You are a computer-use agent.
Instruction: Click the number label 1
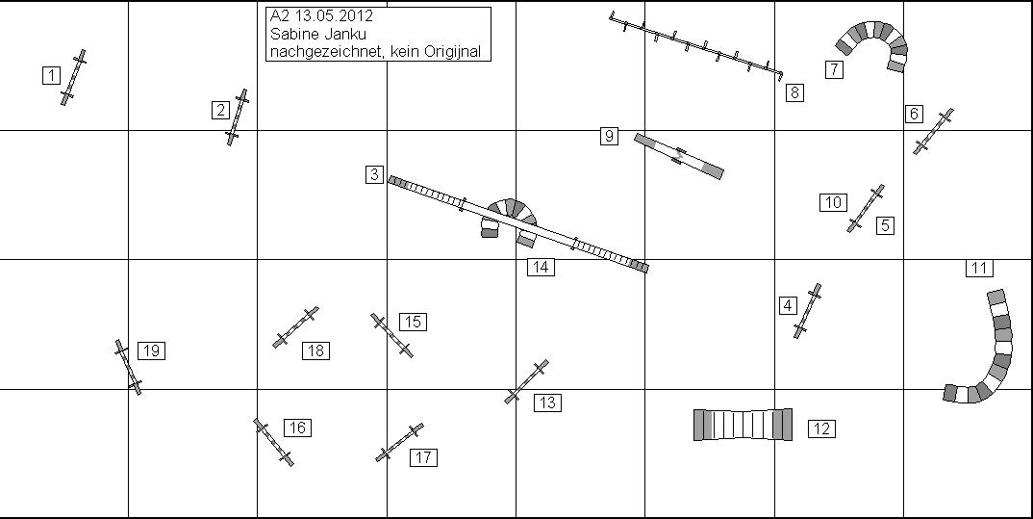tap(51, 75)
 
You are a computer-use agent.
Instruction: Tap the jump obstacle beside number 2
tap(238, 117)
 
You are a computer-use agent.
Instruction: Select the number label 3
tap(374, 174)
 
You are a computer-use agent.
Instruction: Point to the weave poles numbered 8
tap(695, 45)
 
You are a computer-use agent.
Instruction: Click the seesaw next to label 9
tap(678, 156)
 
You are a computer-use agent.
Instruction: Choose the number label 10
tap(833, 202)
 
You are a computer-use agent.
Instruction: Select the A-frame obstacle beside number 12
tap(743, 425)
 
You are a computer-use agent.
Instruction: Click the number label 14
tap(541, 267)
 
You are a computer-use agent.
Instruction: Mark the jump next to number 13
tap(526, 382)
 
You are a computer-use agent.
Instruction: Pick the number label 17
tap(423, 457)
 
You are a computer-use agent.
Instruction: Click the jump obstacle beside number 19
tap(129, 367)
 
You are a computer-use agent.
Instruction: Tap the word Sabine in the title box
tap(290, 35)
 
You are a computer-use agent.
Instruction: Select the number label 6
tap(914, 114)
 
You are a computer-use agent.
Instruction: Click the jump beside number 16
tap(274, 442)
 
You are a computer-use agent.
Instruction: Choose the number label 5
tap(885, 225)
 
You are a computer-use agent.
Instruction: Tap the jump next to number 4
tap(808, 311)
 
